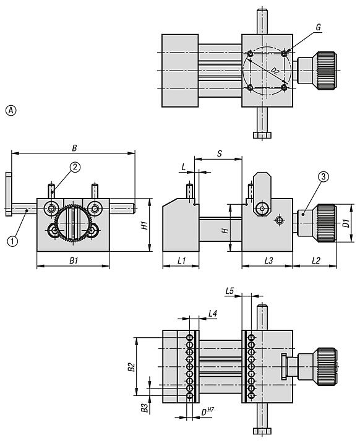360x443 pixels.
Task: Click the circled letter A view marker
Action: pyautogui.click(x=11, y=111)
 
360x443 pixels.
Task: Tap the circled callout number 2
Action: pyautogui.click(x=75, y=167)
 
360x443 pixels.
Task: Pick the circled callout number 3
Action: pyautogui.click(x=324, y=177)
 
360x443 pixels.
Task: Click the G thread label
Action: pyautogui.click(x=318, y=27)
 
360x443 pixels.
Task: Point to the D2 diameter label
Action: pyautogui.click(x=275, y=71)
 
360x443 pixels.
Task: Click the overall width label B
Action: pyautogui.click(x=74, y=148)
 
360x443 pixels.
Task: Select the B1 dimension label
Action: pyautogui.click(x=74, y=260)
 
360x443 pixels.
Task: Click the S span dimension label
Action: pyautogui.click(x=220, y=153)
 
